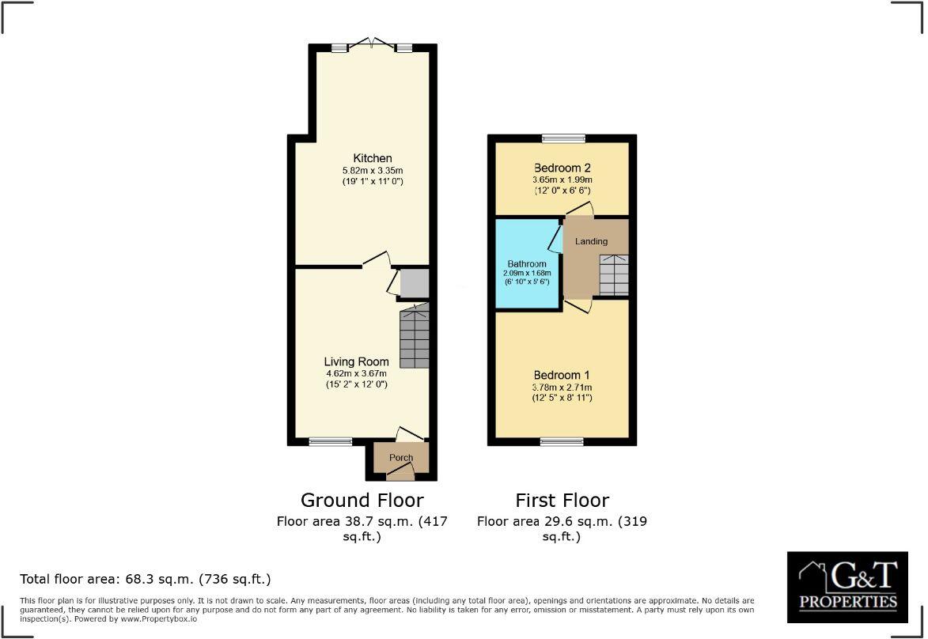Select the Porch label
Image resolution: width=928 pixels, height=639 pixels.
click(401, 458)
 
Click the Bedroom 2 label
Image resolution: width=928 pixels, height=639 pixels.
click(562, 168)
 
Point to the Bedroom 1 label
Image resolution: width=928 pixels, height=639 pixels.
click(562, 375)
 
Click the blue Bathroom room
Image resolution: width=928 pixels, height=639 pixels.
click(527, 269)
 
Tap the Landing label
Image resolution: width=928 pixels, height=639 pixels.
click(591, 241)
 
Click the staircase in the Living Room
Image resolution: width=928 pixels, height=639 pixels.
click(415, 338)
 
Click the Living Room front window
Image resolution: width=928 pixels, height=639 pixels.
click(330, 442)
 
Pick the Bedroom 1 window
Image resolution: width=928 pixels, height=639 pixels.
click(562, 441)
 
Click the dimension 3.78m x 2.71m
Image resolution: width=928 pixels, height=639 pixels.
click(562, 387)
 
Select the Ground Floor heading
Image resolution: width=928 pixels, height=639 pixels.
click(362, 500)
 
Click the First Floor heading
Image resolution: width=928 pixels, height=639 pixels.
click(562, 500)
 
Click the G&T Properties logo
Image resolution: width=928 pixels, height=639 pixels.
click(847, 587)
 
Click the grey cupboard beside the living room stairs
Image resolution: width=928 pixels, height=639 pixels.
click(414, 284)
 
